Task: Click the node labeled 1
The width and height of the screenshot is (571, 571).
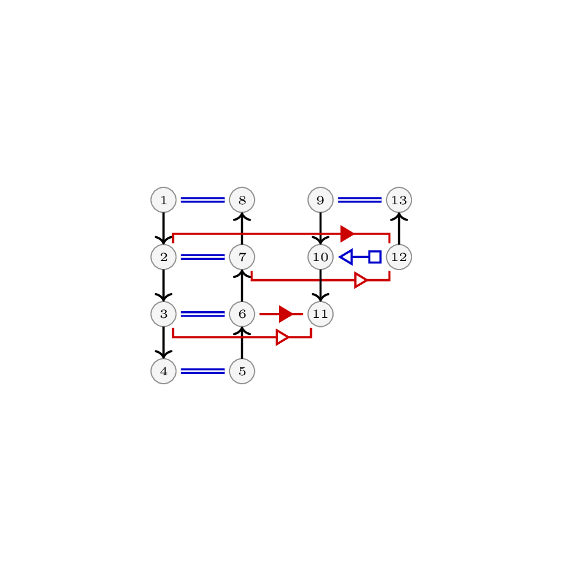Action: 164,200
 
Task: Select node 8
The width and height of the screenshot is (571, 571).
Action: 242,200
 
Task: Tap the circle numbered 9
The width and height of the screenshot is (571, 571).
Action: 320,200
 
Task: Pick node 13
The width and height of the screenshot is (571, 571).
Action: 399,200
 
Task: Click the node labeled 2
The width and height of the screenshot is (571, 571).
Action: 164,257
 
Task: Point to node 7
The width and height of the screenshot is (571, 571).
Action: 242,257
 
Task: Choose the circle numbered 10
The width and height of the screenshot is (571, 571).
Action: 320,257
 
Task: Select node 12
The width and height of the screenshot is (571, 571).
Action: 399,257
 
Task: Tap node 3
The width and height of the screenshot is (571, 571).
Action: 164,314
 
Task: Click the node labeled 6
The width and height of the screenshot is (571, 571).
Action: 242,314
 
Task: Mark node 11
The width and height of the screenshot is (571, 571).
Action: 320,314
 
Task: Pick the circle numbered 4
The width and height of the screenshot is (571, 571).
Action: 164,371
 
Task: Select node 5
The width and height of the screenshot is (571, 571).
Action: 242,371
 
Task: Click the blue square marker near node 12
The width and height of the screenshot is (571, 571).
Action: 375,257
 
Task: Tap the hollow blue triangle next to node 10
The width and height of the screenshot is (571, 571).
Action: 346,257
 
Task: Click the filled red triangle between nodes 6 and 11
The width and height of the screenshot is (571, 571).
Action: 286,314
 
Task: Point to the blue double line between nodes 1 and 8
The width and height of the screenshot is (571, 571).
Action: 203,200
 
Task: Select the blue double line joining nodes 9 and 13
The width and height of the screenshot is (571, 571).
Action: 360,200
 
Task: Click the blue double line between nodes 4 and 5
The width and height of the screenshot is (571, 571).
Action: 203,371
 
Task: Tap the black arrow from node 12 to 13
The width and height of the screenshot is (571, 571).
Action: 399,228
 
